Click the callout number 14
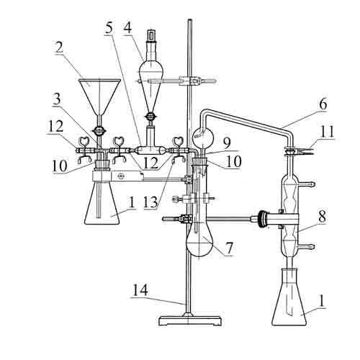tap(140, 291)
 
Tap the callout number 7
tap(230, 248)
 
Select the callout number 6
tap(323, 104)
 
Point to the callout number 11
tap(328, 132)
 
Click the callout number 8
tap(322, 216)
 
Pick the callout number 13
tap(150, 202)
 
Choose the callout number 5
tap(109, 28)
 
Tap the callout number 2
tap(59, 48)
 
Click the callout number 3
tap(57, 99)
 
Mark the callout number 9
tap(227, 143)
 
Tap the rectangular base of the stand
tap(190, 321)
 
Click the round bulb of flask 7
tap(199, 243)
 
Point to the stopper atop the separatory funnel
tap(151, 35)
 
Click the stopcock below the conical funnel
tap(99, 131)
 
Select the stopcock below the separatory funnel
tap(150, 117)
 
